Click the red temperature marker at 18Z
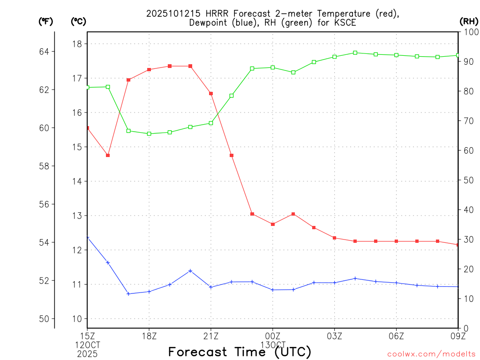(x=149, y=69)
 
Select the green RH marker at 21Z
(x=211, y=123)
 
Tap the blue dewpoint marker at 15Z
(x=88, y=238)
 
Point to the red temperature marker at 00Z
(x=273, y=224)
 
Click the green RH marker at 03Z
(x=335, y=57)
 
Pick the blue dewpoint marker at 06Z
(x=397, y=283)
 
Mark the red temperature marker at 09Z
(x=457, y=245)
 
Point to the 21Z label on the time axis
(x=211, y=336)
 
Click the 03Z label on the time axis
(x=335, y=336)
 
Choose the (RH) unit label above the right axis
(x=469, y=21)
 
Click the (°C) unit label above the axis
(x=79, y=21)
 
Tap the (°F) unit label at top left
(x=46, y=21)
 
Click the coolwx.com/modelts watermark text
(x=431, y=354)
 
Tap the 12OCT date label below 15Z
(x=88, y=345)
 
